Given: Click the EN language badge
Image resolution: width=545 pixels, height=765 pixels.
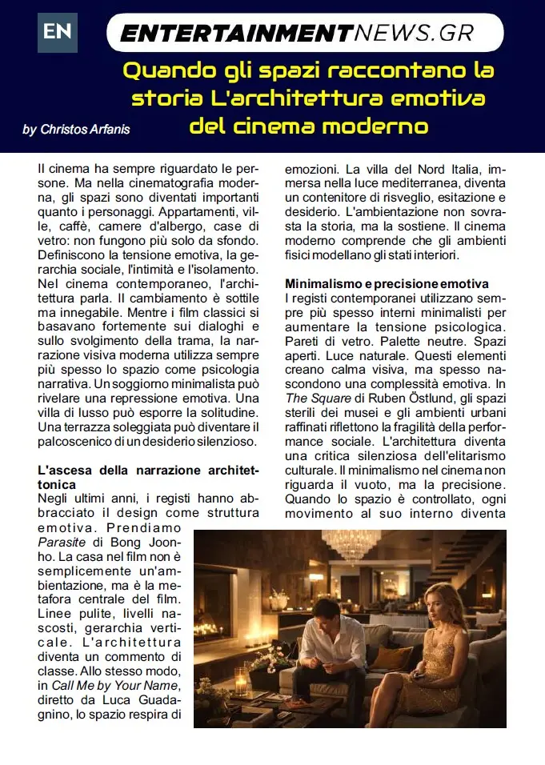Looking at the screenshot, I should tap(58, 32).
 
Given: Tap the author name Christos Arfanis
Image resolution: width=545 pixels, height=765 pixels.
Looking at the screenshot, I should tap(75, 130).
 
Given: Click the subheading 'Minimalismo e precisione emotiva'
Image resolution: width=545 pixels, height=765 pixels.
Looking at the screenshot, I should tap(387, 284).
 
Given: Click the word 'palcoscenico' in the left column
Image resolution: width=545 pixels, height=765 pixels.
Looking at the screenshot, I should tap(80, 441).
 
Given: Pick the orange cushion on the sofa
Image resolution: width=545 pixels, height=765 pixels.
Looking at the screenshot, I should tap(386, 657).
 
